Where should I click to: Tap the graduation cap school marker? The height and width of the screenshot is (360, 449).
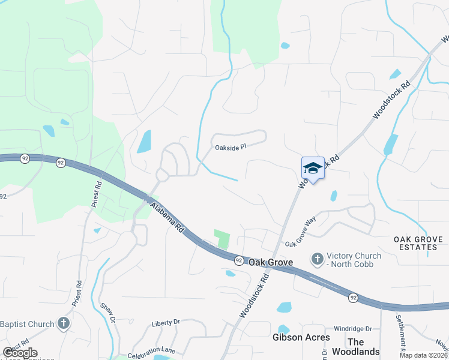click(312, 168)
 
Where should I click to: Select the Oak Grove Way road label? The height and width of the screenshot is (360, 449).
click(301, 233)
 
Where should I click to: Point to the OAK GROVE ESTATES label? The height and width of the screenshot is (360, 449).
click(418, 244)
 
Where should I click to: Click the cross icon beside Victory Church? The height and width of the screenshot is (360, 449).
click(316, 259)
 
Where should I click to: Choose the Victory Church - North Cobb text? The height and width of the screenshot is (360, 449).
click(354, 260)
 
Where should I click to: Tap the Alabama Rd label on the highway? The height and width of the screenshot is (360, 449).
click(167, 218)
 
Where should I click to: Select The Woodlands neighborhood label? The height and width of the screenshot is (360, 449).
click(364, 346)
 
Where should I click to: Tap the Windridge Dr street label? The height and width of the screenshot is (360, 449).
click(353, 329)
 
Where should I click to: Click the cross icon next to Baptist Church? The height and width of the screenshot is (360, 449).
click(64, 324)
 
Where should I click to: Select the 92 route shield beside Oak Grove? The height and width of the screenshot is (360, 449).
click(239, 260)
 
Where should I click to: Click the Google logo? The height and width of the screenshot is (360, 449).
click(19, 353)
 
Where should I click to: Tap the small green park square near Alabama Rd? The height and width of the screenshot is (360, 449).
click(223, 239)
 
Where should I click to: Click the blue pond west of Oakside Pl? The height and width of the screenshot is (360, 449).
click(144, 142)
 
